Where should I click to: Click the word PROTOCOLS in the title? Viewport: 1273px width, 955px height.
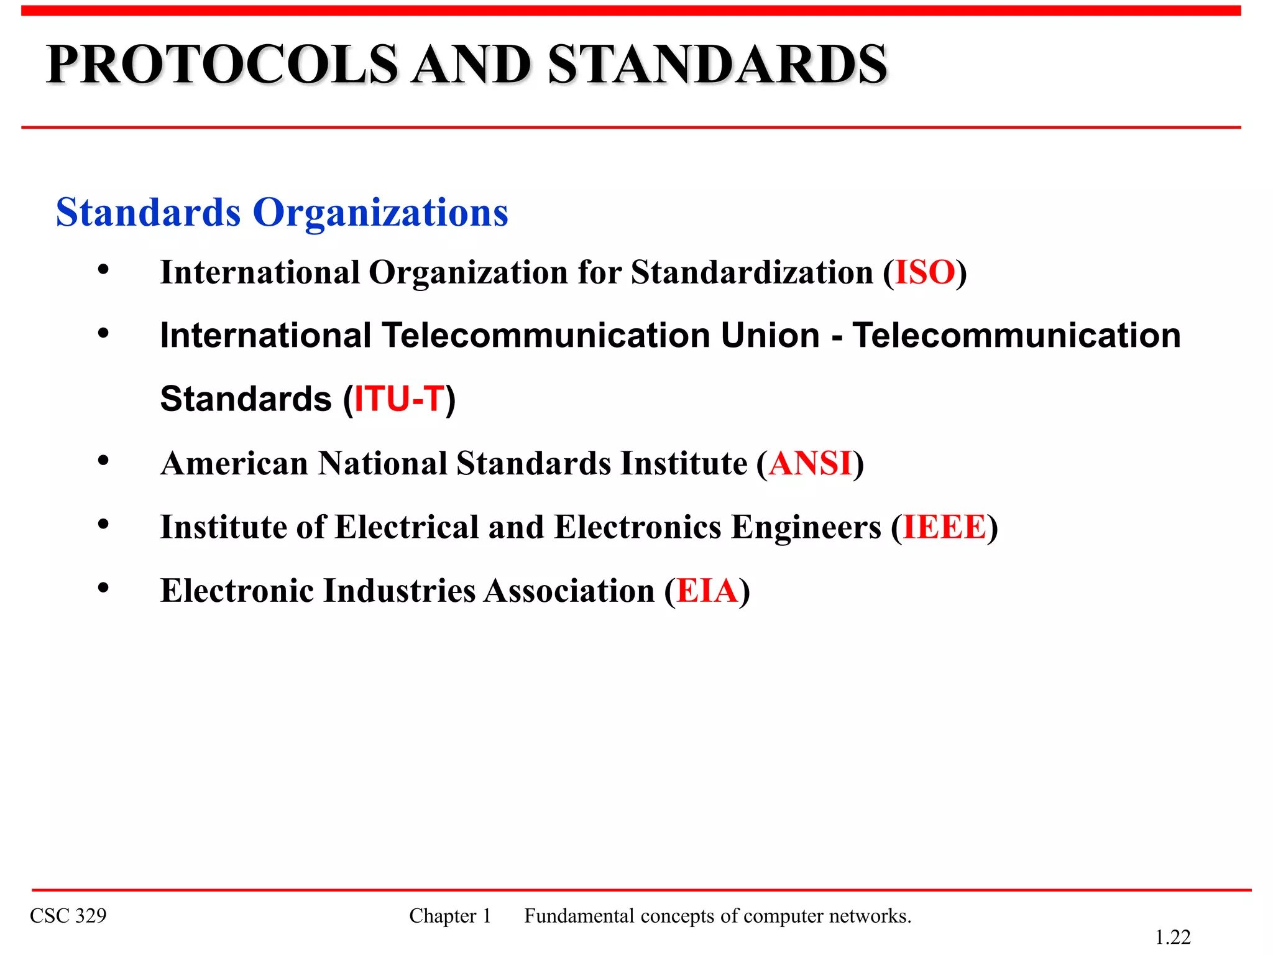(x=222, y=64)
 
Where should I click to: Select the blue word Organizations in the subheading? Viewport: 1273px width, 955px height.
(x=380, y=213)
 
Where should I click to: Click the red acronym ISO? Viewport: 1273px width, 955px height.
(x=925, y=272)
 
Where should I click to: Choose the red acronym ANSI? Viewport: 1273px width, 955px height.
(x=811, y=463)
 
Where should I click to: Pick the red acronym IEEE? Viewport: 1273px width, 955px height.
(x=944, y=527)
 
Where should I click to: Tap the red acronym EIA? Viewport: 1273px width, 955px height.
(x=707, y=591)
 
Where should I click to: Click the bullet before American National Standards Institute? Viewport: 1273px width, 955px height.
(x=103, y=461)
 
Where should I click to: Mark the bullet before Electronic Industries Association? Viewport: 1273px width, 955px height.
(x=103, y=588)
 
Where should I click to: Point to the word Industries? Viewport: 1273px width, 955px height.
(x=399, y=591)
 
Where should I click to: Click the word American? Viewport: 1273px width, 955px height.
(x=234, y=463)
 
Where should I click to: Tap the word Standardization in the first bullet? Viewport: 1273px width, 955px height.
(x=752, y=272)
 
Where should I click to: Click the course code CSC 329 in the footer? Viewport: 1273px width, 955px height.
(x=68, y=916)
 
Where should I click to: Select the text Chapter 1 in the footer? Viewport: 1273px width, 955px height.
(x=450, y=916)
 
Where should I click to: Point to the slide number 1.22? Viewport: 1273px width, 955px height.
(x=1172, y=937)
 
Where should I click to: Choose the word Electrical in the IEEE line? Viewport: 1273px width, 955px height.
(x=407, y=527)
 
